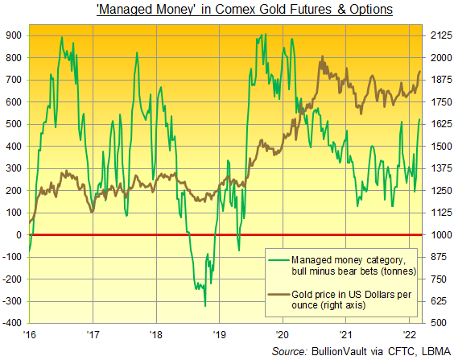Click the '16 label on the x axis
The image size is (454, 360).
30,333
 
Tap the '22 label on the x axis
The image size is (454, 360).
408,333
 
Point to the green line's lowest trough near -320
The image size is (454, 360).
205,305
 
